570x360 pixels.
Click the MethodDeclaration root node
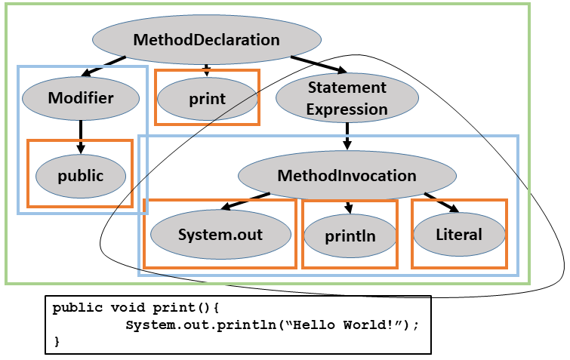[206, 40]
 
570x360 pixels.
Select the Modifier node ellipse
[81, 97]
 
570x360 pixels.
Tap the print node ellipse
[207, 97]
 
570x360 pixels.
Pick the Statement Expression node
[347, 98]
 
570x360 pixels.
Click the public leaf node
[81, 175]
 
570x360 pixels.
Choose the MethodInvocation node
[347, 176]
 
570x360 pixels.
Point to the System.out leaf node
[220, 235]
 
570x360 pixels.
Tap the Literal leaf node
[459, 235]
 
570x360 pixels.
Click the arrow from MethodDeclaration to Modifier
[102, 65]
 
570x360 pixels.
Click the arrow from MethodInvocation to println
[348, 206]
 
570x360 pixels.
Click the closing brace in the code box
[57, 342]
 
